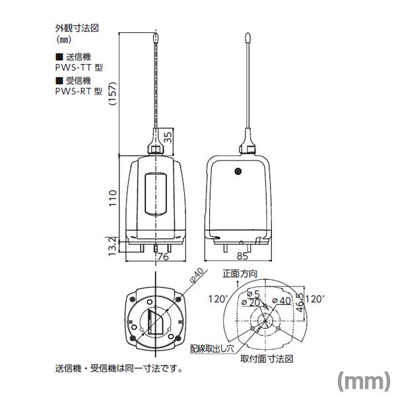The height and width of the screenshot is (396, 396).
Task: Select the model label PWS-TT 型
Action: pyautogui.click(x=75, y=67)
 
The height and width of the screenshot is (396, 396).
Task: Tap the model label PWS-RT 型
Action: pyautogui.click(x=75, y=91)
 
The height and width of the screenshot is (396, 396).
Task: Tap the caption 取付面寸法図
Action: pyautogui.click(x=267, y=358)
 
